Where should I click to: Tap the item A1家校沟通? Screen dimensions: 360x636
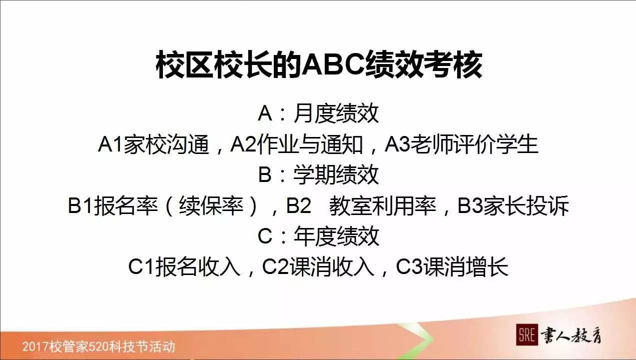coord(154,145)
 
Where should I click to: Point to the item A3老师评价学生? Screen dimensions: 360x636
coord(462,145)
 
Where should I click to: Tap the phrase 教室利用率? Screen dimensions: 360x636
coord(383,206)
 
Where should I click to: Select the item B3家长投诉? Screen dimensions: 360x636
coord(513,206)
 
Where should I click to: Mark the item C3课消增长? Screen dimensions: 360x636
coord(452,267)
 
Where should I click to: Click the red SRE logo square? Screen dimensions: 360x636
coord(526,335)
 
